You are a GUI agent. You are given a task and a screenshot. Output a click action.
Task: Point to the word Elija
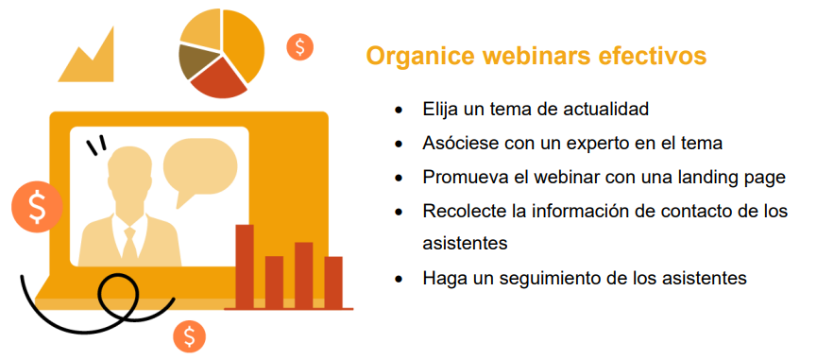click(x=442, y=109)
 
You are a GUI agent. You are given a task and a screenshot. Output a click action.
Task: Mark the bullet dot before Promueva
click(x=400, y=178)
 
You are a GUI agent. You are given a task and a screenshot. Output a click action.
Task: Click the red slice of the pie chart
click(x=218, y=78)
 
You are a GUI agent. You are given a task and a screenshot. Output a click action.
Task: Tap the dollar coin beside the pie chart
click(x=300, y=46)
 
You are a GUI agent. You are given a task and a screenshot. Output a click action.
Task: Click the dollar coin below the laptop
click(x=190, y=335)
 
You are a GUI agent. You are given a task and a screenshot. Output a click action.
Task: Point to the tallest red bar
click(x=245, y=265)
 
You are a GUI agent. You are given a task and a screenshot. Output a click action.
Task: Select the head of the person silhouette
click(x=130, y=175)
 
